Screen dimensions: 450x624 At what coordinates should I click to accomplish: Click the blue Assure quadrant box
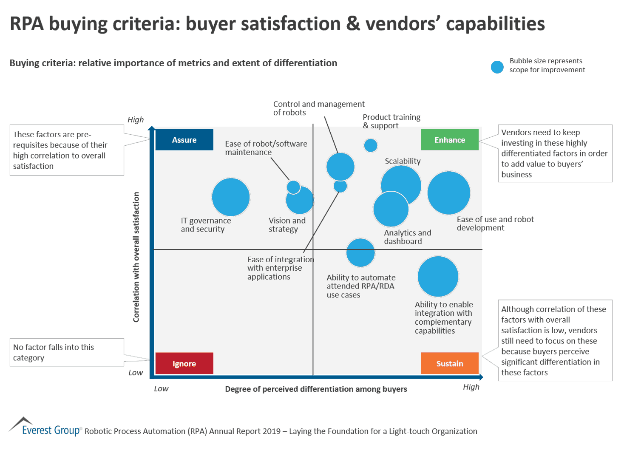pos(184,140)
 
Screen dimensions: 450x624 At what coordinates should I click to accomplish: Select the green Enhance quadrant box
pos(449,140)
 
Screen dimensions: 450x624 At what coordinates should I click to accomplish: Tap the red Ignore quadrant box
pos(184,363)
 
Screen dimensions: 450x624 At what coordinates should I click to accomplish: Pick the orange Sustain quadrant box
pos(449,363)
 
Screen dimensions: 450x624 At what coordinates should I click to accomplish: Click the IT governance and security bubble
pos(230,197)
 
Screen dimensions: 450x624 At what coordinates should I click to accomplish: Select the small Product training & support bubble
pos(371,145)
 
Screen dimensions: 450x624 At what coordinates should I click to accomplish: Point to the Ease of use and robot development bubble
pos(448,193)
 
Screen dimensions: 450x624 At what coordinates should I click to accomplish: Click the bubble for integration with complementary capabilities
pos(438,277)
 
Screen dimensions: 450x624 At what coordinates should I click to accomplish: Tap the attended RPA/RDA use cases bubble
pos(360,252)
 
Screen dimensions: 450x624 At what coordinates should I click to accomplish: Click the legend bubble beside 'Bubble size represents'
pos(497,67)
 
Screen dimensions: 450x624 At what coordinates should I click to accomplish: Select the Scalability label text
pos(403,161)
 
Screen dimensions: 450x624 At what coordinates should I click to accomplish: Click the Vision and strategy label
pos(287,225)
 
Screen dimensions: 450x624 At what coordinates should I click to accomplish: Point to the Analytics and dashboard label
pos(407,237)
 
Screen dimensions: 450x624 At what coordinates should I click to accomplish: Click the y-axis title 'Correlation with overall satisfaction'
pos(136,257)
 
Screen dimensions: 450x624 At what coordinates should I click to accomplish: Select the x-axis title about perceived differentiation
pos(316,389)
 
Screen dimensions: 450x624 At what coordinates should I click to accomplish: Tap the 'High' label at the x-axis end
pos(471,387)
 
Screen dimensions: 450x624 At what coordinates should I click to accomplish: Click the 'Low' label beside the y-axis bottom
pos(136,373)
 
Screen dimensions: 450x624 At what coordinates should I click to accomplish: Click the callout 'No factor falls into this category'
pos(67,352)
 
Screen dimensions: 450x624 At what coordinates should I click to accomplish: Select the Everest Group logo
pos(45,427)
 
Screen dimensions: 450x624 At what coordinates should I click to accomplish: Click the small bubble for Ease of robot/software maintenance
pos(293,187)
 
